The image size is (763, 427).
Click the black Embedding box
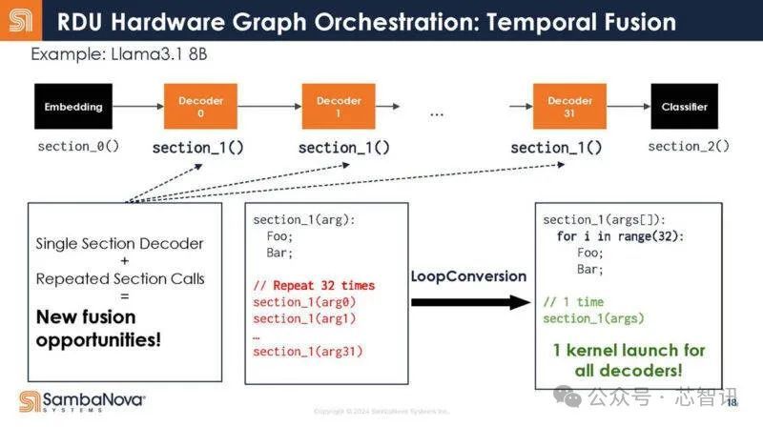[x=73, y=107]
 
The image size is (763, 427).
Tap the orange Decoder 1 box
[x=340, y=107]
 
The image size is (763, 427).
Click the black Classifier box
[x=685, y=107]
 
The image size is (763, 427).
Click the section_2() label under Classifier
[x=689, y=146]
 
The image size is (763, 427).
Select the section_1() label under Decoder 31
[x=557, y=148]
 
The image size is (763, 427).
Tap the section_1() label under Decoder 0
[x=198, y=148]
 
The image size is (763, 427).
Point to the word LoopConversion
[x=468, y=276]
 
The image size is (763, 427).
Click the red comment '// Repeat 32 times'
[x=314, y=285]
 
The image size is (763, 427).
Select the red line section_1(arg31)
[x=308, y=352]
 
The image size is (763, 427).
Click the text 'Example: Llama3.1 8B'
[x=119, y=54]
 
